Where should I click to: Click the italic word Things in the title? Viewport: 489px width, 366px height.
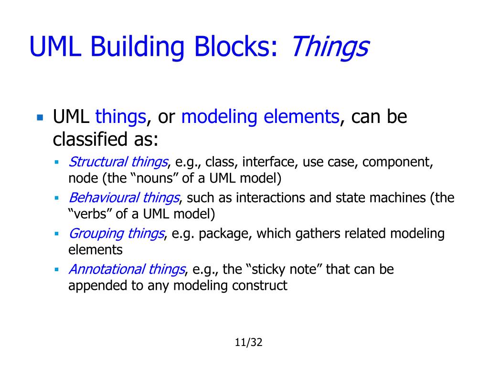[330, 47]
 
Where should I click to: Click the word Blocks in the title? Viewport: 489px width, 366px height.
[234, 47]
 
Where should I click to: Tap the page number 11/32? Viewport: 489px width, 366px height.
[249, 342]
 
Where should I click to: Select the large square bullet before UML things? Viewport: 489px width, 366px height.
[40, 117]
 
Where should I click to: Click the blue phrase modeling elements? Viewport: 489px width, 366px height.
[260, 117]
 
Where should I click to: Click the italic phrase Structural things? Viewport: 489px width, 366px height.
[118, 162]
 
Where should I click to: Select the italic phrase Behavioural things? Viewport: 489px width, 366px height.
[124, 198]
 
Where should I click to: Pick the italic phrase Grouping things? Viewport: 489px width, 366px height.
[117, 234]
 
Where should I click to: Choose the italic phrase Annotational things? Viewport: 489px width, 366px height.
[127, 269]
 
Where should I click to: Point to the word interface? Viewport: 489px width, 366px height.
[269, 162]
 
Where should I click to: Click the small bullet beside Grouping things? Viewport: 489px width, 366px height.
[56, 234]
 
